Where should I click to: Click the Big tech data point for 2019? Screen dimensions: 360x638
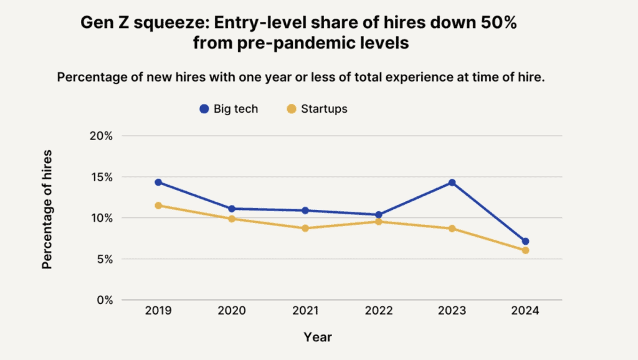(158, 182)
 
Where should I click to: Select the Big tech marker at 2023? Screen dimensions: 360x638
(452, 182)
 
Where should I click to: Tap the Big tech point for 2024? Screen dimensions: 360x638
(525, 241)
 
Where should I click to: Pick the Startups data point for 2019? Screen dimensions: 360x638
(158, 206)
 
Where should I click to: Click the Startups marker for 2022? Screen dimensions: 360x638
(378, 222)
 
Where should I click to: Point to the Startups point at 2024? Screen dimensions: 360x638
(525, 250)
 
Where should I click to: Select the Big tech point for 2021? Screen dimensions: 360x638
(305, 211)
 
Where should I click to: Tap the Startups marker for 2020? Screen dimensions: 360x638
(232, 219)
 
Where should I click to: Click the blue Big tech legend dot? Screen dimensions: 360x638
(204, 109)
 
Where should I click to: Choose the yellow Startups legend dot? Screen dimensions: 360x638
(290, 109)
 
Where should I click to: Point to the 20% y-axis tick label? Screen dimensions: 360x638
(100, 136)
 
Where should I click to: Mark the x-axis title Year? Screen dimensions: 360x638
(318, 338)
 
